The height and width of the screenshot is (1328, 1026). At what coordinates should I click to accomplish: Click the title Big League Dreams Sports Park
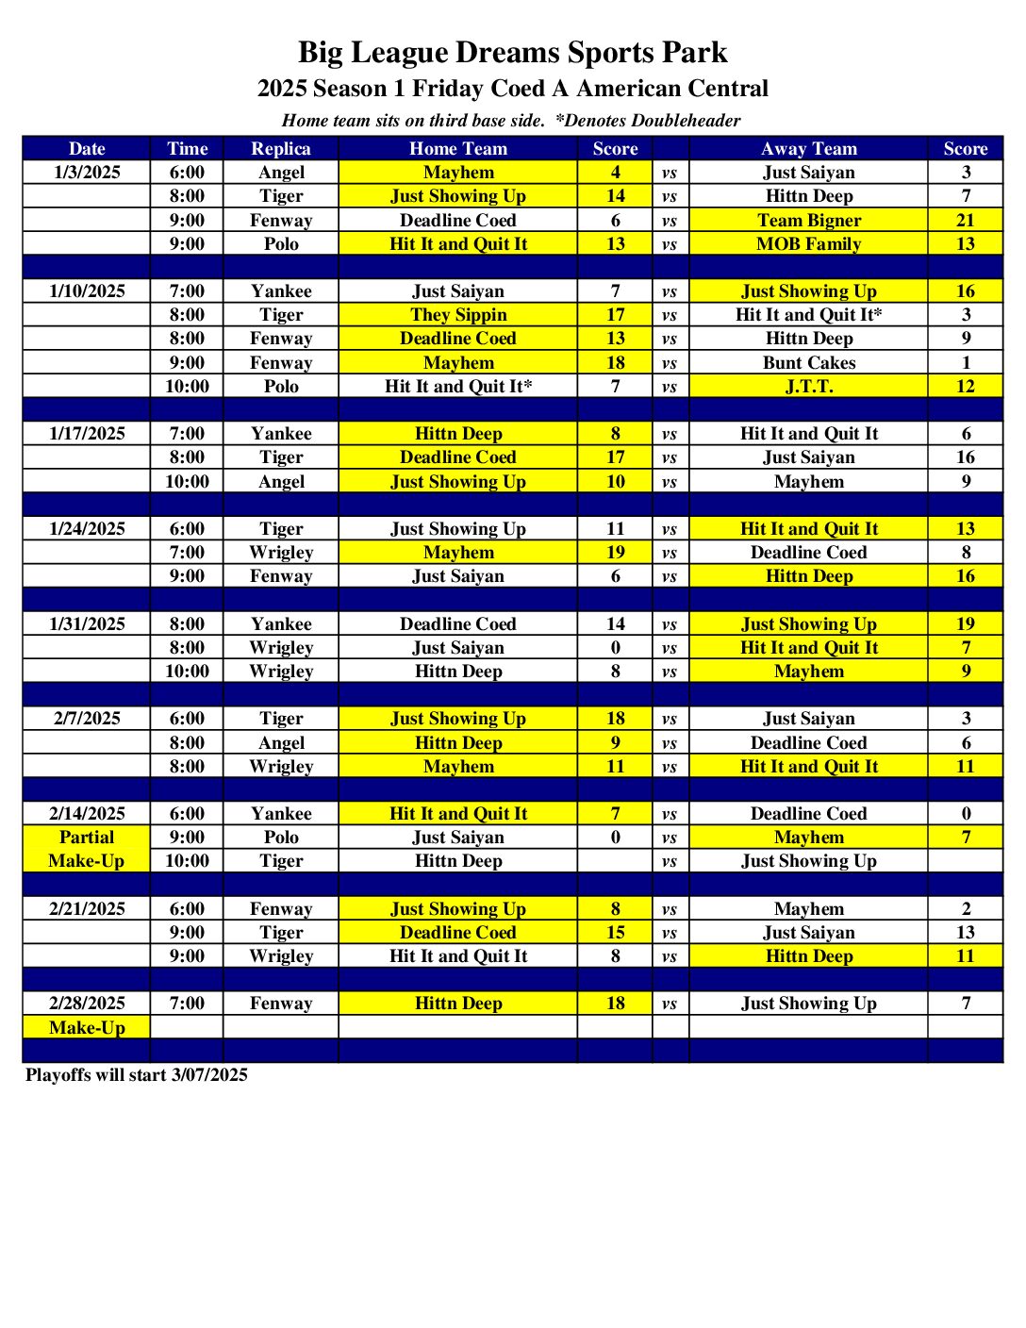512,52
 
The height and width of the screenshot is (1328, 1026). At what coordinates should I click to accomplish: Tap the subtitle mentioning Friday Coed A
512,89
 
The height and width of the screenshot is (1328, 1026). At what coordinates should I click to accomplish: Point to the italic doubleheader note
511,121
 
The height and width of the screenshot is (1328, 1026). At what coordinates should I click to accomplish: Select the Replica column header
280,149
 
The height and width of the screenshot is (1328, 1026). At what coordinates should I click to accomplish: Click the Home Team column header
458,149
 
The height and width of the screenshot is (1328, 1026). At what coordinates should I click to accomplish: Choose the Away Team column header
809,149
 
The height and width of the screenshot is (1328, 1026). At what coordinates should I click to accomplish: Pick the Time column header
187,149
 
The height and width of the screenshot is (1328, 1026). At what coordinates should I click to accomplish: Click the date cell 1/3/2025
87,173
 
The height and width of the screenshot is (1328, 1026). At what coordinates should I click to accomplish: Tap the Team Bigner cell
809,221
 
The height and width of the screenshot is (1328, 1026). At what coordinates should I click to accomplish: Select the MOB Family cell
809,244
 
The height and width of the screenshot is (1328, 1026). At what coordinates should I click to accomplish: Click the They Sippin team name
458,315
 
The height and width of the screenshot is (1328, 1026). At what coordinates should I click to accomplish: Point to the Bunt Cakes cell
809,363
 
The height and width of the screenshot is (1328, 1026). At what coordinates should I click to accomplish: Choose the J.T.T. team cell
809,387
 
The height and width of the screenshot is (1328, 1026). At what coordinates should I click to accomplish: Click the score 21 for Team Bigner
965,221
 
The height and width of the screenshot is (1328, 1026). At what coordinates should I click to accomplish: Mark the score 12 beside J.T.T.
965,387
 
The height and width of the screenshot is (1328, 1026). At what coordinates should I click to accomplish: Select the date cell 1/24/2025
87,529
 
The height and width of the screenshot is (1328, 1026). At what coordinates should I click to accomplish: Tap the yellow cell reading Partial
87,838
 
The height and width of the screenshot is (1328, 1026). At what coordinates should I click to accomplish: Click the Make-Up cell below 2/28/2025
87,1028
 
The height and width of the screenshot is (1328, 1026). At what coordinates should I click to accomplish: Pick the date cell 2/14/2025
87,814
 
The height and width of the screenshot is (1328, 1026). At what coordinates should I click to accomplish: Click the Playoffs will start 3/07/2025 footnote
137,1075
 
